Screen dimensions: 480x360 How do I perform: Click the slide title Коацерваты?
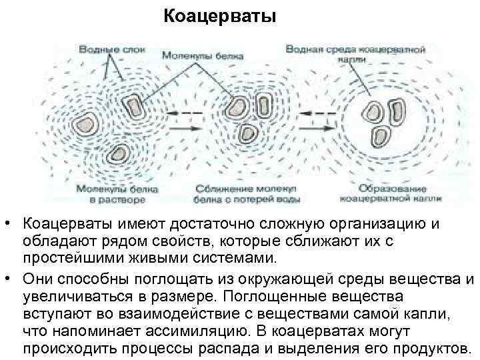219,15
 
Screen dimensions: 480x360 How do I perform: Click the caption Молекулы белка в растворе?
117,194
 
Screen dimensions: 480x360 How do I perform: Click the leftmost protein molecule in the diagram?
85,124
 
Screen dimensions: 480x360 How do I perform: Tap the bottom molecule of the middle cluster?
249,131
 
